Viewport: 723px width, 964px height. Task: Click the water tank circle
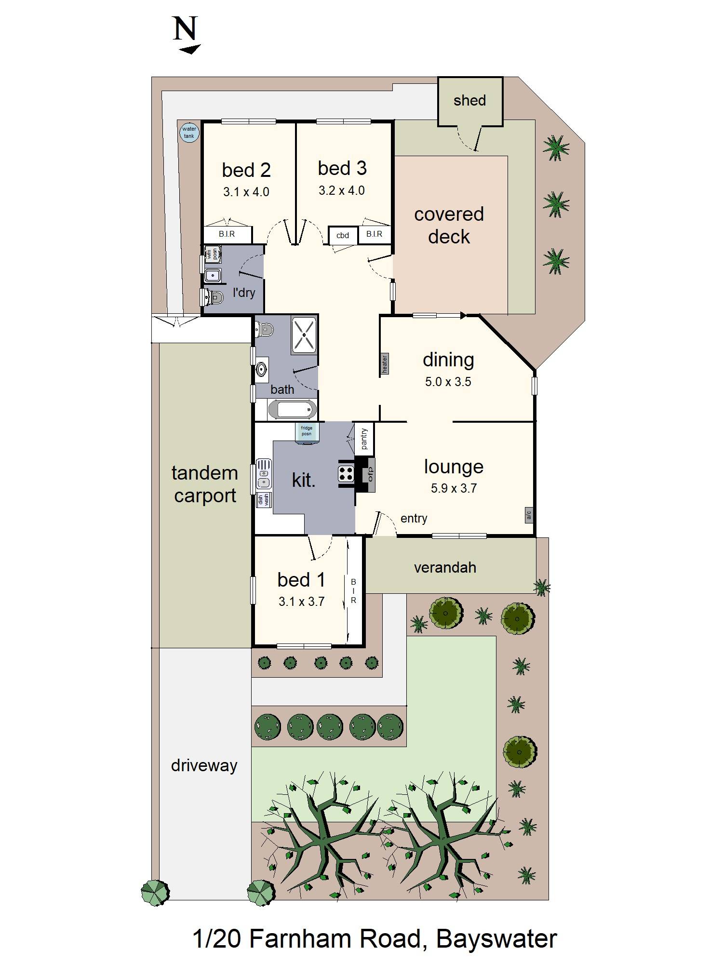(x=189, y=133)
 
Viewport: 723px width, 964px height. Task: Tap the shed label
(x=469, y=101)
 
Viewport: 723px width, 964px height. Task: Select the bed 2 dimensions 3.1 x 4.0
(x=246, y=192)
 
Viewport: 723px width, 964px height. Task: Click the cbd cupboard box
(x=343, y=236)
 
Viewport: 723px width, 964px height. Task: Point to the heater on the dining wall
(x=384, y=364)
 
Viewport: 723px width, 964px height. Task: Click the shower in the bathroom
(x=304, y=335)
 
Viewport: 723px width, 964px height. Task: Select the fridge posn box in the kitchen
(x=307, y=431)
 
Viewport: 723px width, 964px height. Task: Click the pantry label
(x=364, y=439)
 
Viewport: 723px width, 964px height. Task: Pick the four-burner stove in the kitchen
(x=346, y=474)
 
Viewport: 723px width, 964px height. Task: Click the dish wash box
(x=264, y=500)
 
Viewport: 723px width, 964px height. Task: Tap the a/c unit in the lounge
(x=528, y=515)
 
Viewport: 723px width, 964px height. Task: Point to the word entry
(x=414, y=519)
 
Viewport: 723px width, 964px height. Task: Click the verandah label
(x=445, y=568)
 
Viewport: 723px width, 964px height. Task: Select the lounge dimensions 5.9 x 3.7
(x=454, y=488)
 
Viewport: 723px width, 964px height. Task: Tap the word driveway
(x=204, y=765)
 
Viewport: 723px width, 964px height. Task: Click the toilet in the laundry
(x=214, y=298)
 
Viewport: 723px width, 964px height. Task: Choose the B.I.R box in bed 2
(x=227, y=235)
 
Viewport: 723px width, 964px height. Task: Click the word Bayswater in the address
(x=496, y=939)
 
